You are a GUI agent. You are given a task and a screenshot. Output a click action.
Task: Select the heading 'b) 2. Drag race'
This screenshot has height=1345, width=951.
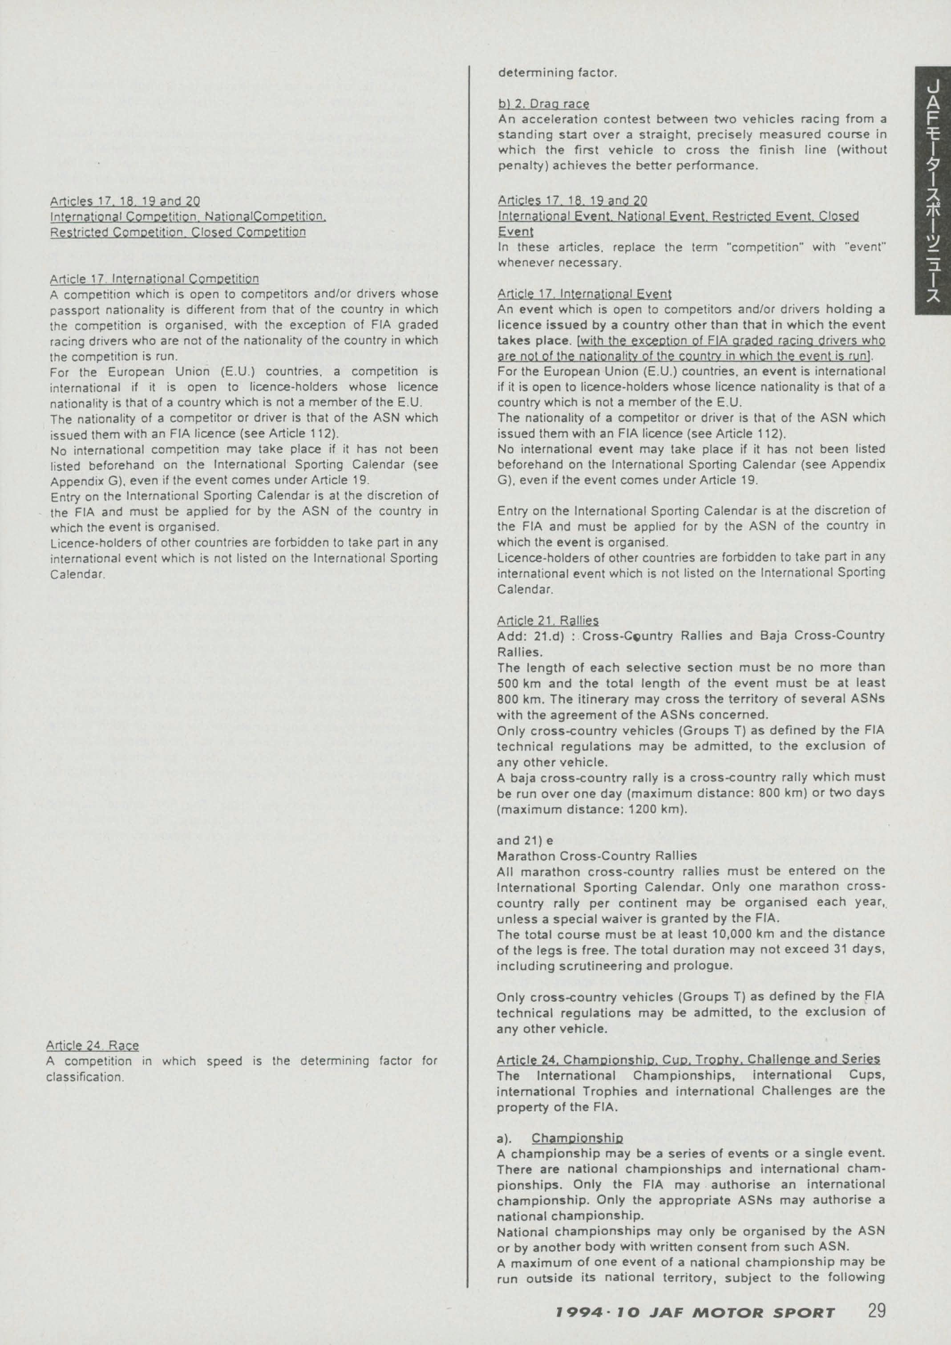[x=543, y=104]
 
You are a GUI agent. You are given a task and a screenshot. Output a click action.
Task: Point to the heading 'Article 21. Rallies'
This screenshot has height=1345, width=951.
[x=547, y=620]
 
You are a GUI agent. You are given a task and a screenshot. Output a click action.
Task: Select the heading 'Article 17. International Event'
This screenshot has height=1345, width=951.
[x=584, y=293]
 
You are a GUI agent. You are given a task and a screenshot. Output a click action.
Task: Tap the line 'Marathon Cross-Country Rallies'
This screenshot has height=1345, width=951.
[x=597, y=855]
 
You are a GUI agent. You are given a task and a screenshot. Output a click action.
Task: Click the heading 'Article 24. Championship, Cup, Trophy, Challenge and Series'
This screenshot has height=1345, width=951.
[x=688, y=1059]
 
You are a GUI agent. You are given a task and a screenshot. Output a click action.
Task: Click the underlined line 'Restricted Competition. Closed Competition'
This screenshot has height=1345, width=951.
[x=178, y=232]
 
